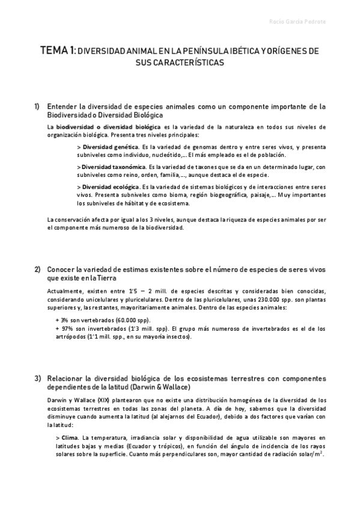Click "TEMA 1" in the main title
point(58,52)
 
